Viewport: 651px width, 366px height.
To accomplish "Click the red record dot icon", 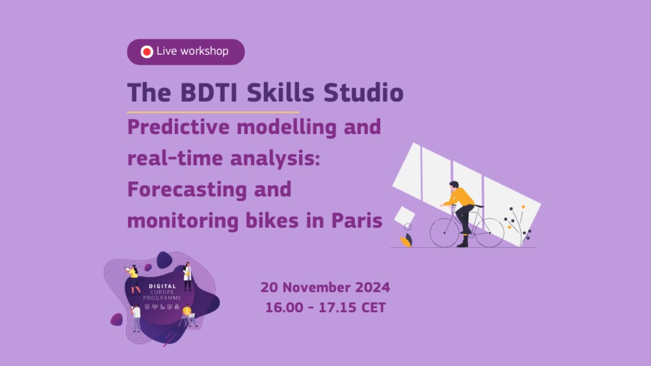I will click(146, 52).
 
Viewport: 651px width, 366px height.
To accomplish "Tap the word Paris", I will click(357, 221).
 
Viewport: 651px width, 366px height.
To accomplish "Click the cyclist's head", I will click(454, 185).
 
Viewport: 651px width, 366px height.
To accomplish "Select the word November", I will click(315, 288).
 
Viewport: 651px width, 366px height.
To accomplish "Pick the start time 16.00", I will click(283, 308).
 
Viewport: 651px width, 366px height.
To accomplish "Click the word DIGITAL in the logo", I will click(162, 286).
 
